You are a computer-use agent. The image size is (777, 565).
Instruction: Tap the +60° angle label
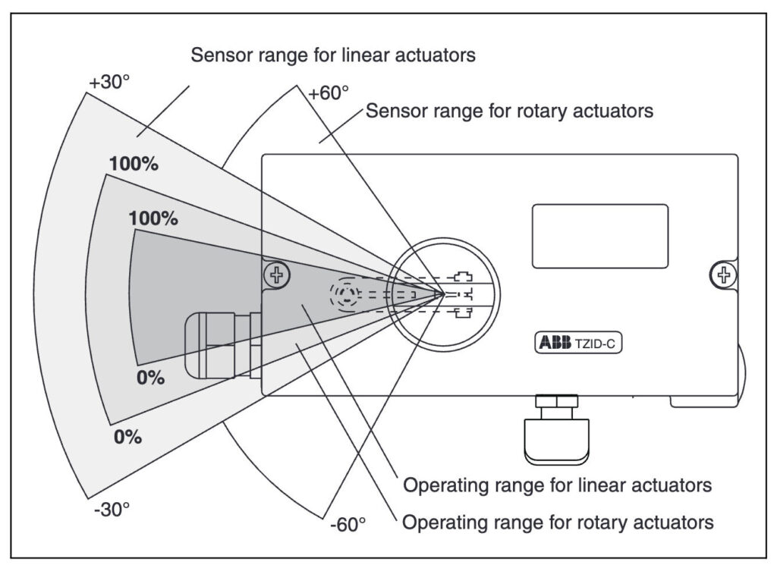click(328, 93)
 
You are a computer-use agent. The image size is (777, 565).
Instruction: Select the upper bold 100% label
click(134, 163)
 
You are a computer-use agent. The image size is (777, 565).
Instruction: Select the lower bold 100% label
click(153, 218)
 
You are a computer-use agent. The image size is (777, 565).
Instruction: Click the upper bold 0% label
click(150, 377)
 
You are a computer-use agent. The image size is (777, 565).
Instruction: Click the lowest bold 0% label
click(127, 438)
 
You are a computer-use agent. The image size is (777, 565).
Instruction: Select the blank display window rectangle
click(599, 236)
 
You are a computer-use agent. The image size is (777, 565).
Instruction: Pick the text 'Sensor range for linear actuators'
click(333, 55)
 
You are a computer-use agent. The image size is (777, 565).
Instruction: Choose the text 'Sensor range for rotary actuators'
click(509, 111)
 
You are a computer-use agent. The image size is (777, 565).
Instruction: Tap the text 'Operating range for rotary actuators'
click(558, 522)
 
